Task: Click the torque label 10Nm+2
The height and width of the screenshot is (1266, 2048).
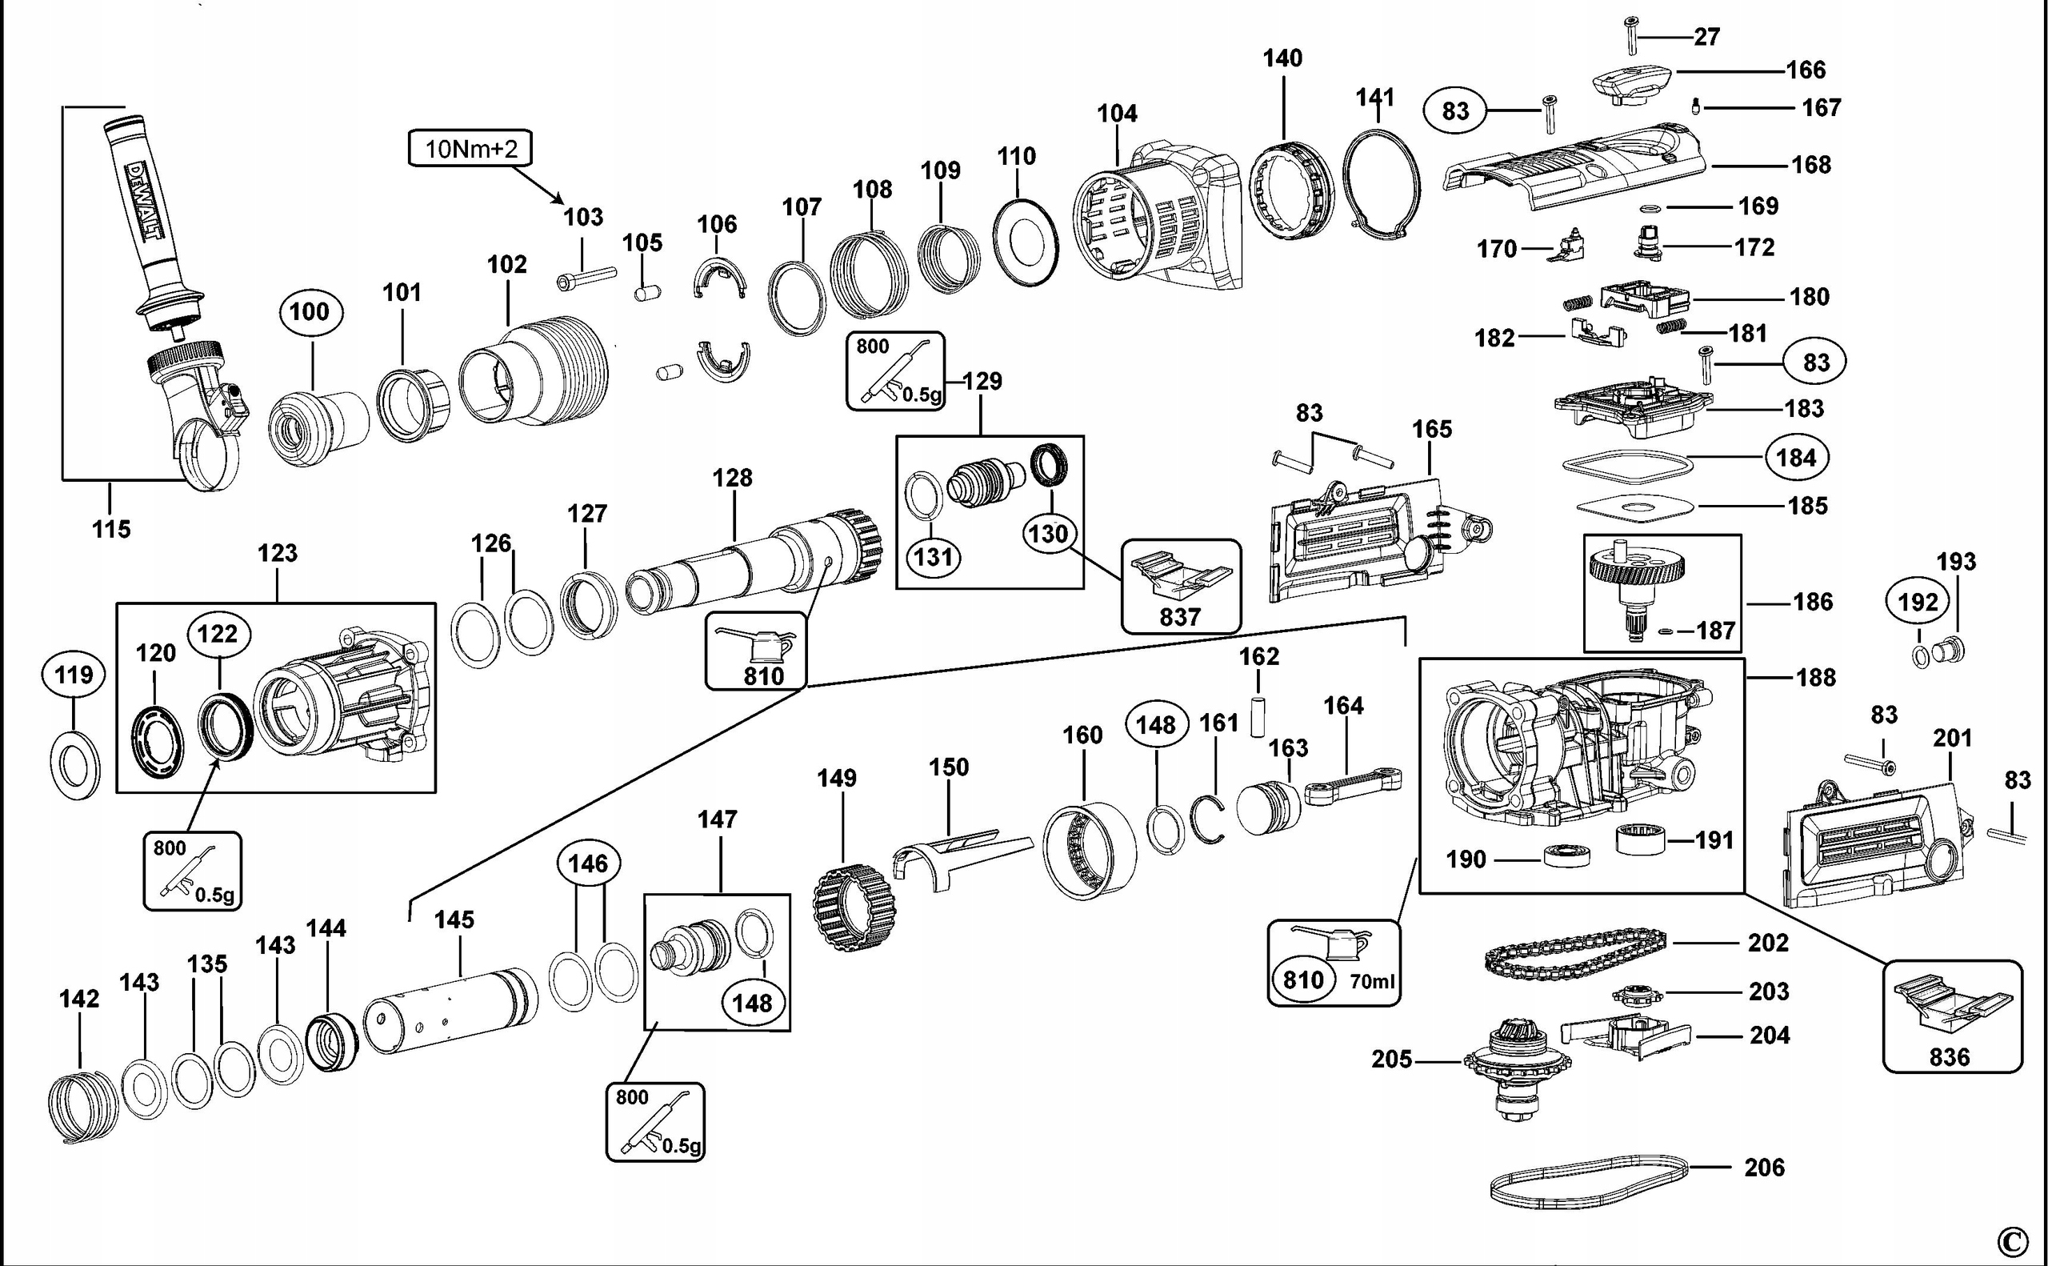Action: click(x=470, y=149)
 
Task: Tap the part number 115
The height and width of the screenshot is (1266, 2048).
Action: click(x=111, y=529)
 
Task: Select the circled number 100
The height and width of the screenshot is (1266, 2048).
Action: click(x=310, y=311)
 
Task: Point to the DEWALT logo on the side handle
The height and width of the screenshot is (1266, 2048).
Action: click(x=145, y=201)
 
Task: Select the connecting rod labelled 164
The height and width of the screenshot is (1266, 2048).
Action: click(x=1354, y=788)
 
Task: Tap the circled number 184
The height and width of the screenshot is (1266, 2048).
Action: click(x=1797, y=458)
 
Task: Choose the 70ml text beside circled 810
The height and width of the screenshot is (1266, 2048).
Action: click(x=1372, y=981)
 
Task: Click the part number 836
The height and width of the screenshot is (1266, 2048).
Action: click(x=1950, y=1056)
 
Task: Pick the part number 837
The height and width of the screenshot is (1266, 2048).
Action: click(x=1180, y=617)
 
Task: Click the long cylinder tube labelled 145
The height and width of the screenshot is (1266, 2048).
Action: click(x=450, y=1010)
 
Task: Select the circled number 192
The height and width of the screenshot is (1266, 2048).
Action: click(x=1918, y=602)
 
